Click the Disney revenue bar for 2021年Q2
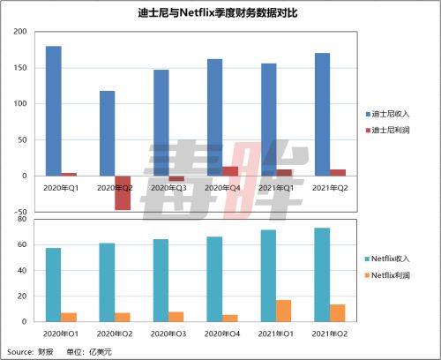click(x=322, y=114)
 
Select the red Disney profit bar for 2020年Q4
click(x=230, y=171)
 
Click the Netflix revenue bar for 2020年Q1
click(x=53, y=285)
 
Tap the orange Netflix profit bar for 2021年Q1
click(x=284, y=311)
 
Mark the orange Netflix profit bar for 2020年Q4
click(x=230, y=319)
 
